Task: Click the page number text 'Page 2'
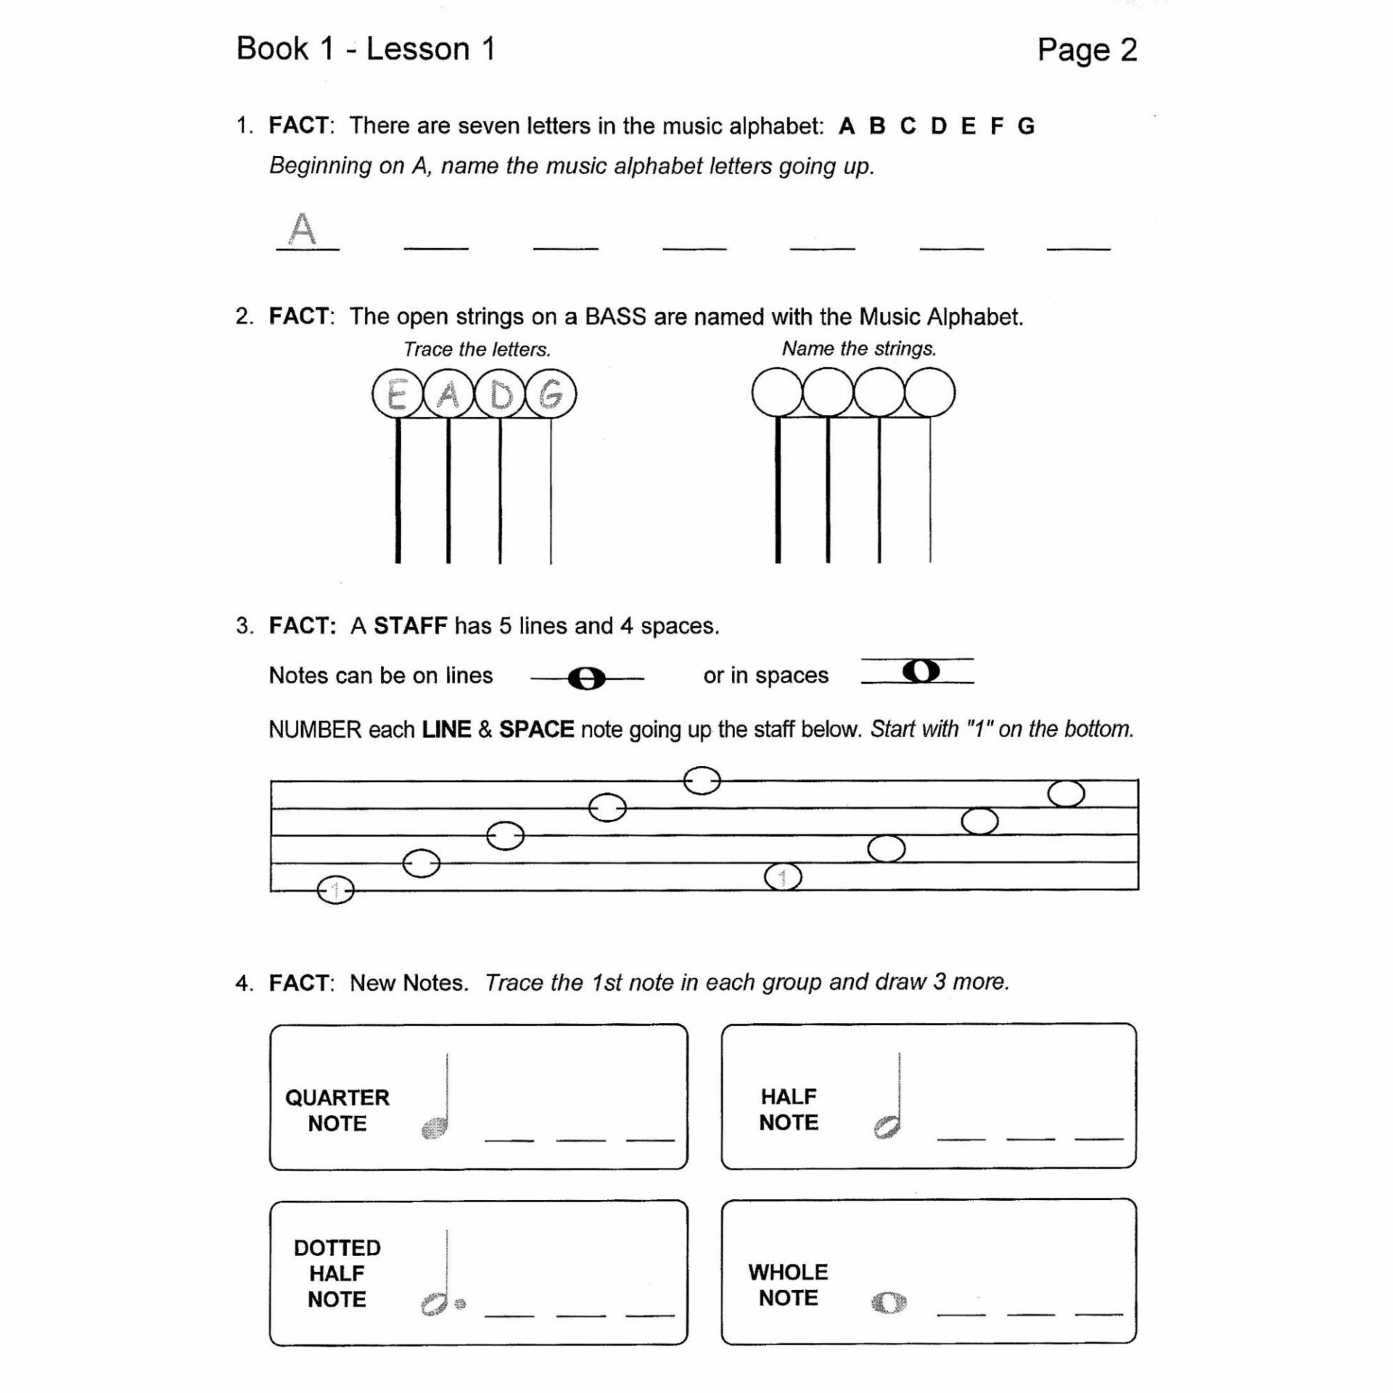tap(1086, 50)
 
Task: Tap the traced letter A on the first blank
tap(303, 229)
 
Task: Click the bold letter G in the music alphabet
tap(1025, 126)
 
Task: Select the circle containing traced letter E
tap(397, 395)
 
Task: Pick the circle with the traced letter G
tap(551, 395)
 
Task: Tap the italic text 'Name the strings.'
tap(858, 349)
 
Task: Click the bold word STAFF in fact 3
tap(410, 625)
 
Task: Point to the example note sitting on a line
tap(586, 679)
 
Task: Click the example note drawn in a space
tap(921, 671)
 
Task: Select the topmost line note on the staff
tap(702, 781)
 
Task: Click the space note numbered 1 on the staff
tap(783, 877)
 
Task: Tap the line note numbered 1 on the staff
tap(335, 889)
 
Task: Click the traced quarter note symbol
tap(435, 1127)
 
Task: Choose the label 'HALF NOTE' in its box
tap(788, 1109)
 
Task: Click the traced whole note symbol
tap(889, 1303)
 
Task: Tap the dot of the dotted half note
tap(460, 1304)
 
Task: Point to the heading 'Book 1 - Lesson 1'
tap(366, 49)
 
